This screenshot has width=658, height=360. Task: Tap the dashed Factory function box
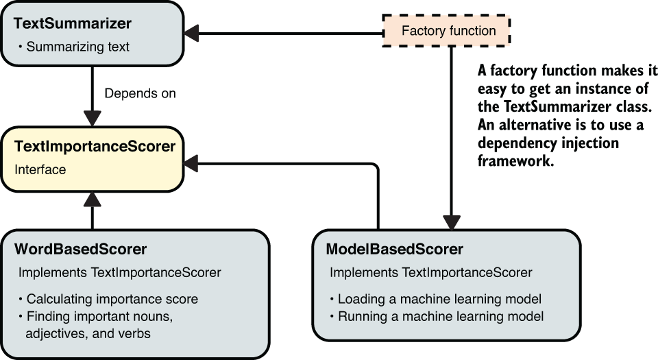[448, 31]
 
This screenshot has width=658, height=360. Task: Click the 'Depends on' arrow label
[141, 93]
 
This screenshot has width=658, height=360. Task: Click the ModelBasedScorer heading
[394, 248]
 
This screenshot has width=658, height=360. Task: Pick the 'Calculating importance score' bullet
[112, 299]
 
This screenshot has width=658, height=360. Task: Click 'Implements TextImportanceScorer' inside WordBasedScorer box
[120, 272]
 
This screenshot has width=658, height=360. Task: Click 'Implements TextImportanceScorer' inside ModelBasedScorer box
[430, 272]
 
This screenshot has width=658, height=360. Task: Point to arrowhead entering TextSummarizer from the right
[191, 32]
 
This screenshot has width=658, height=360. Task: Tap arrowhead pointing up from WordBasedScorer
[92, 199]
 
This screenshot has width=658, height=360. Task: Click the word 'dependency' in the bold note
[515, 143]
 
